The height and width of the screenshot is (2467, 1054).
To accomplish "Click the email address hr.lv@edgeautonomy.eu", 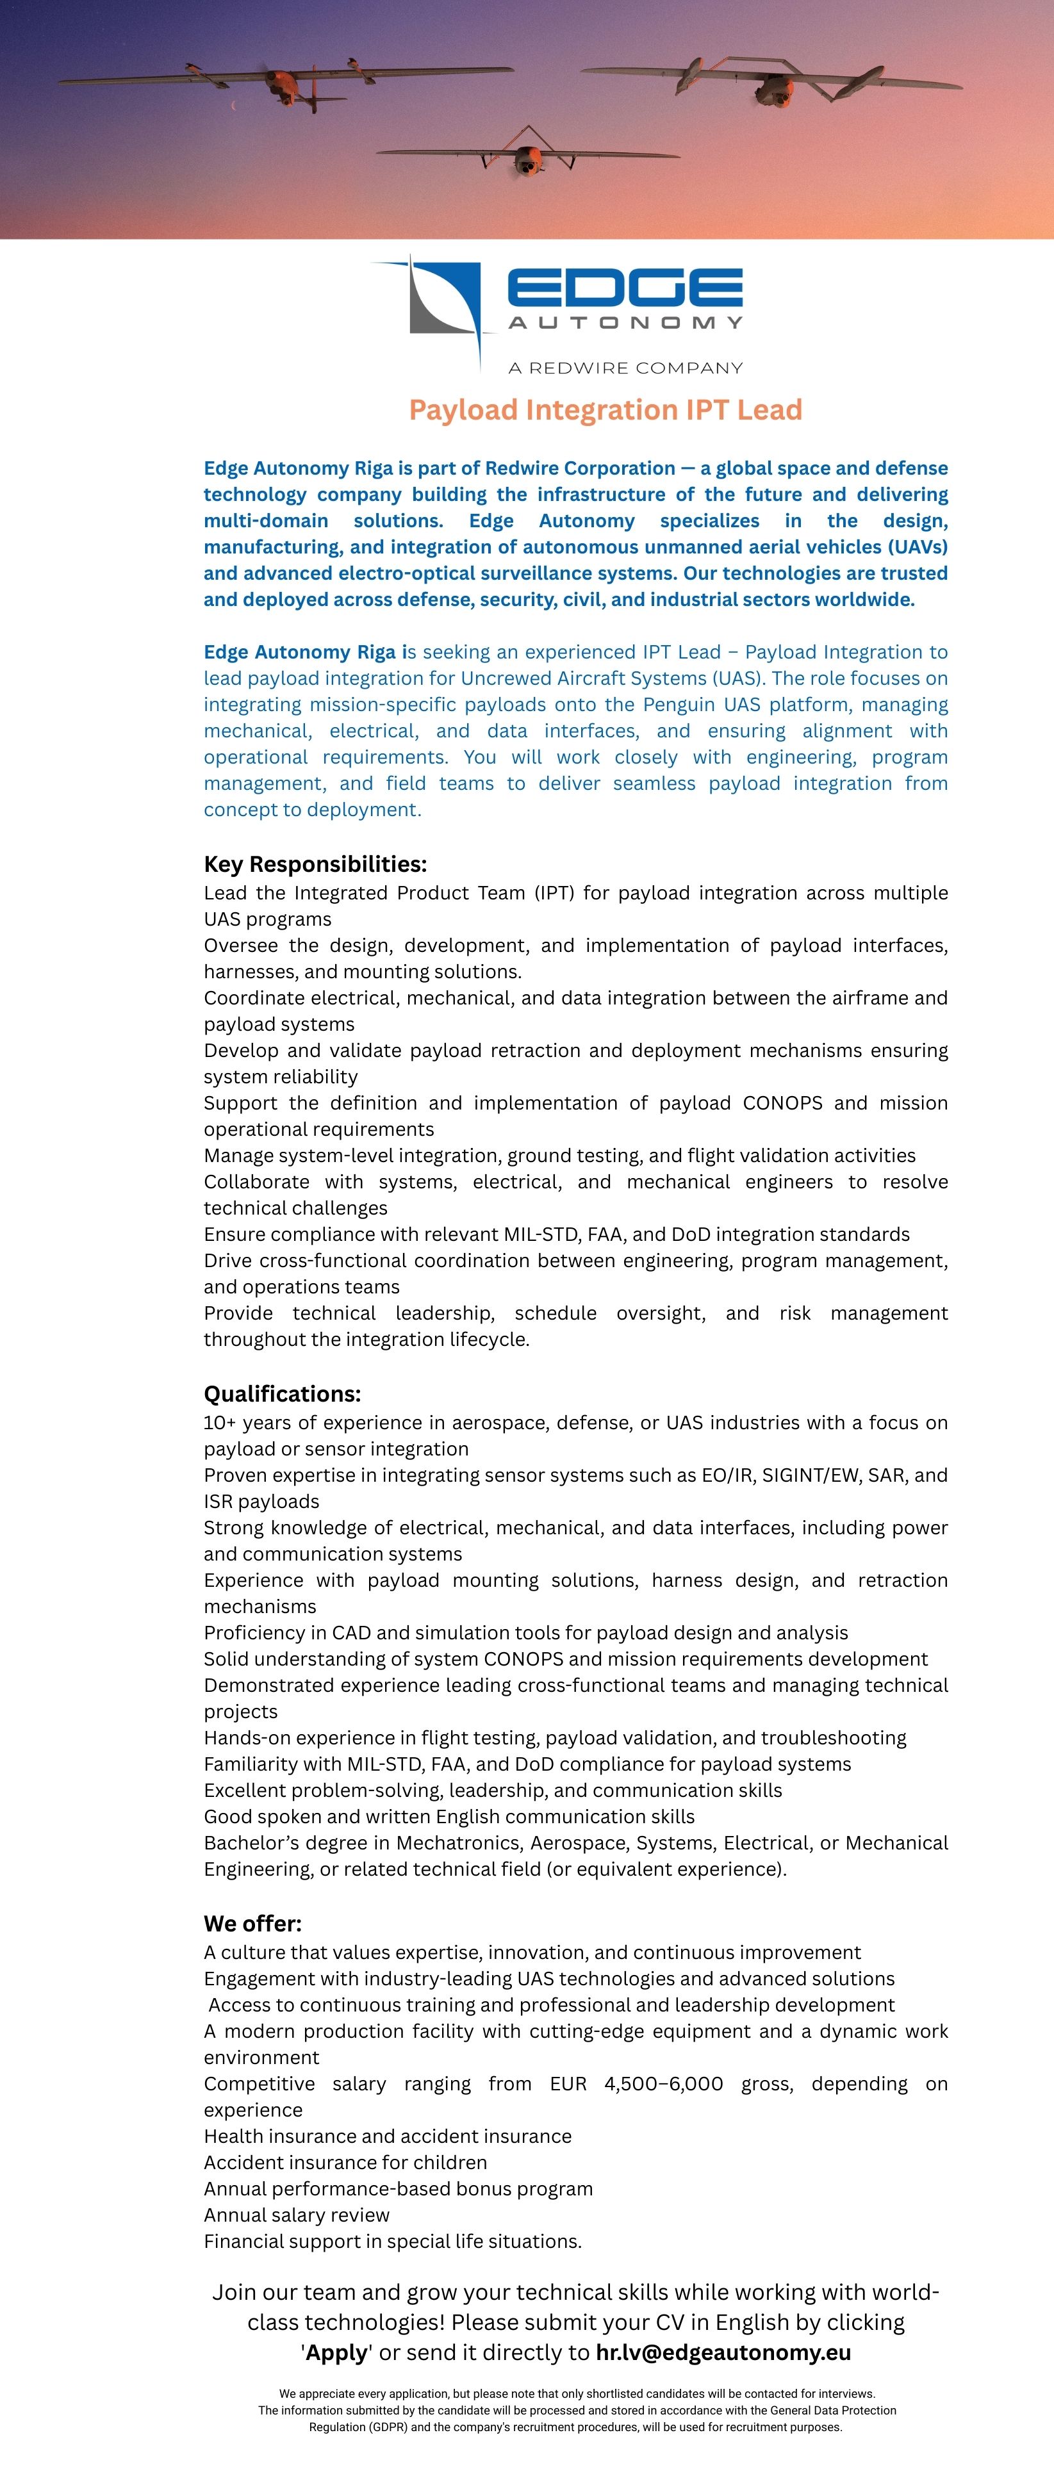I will click(x=723, y=2352).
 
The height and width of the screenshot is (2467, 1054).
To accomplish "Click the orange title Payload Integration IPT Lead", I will click(x=605, y=410).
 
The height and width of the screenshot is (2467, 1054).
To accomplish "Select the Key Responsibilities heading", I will click(x=315, y=864).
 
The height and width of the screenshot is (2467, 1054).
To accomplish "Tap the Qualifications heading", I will click(x=283, y=1393).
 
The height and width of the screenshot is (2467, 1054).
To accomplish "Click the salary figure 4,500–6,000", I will click(x=663, y=2083).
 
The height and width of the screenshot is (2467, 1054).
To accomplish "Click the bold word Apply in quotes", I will click(x=336, y=2352).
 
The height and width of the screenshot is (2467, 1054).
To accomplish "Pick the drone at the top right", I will click(x=771, y=85).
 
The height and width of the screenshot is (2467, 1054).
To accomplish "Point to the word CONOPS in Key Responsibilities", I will click(x=782, y=1102).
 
